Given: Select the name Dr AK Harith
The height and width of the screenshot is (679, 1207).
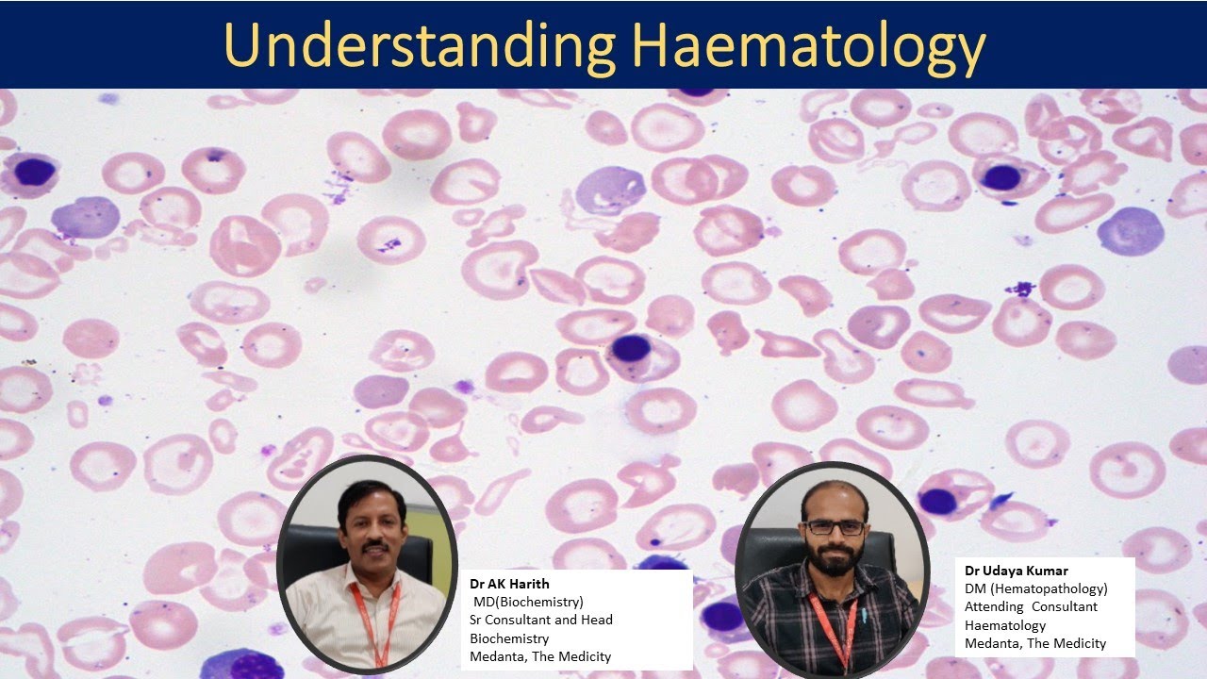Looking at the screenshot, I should pos(509,584).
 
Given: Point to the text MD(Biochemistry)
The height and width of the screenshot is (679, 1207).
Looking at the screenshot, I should pos(528,602).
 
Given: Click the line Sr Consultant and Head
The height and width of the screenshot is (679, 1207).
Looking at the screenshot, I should pos(541,620).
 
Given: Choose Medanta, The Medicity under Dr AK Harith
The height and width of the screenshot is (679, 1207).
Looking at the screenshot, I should pos(540,656).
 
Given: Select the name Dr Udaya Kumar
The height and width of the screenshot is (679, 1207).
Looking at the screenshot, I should pos(1016,571).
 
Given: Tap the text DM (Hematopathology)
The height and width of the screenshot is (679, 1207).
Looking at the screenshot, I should pos(1035,588).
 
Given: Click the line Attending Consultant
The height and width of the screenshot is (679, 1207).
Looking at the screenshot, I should pos(1031,606).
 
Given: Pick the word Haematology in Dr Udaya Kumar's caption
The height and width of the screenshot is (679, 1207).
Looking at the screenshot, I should pos(1004,625).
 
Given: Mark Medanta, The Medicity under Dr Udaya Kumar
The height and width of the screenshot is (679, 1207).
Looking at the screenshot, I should pos(1034,643).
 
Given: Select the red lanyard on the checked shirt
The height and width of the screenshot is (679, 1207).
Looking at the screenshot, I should pos(834,627).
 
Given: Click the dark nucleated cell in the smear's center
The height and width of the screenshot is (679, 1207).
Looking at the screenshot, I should pos(631,348).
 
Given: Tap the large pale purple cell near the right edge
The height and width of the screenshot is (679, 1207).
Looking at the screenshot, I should pos(1130,231).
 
